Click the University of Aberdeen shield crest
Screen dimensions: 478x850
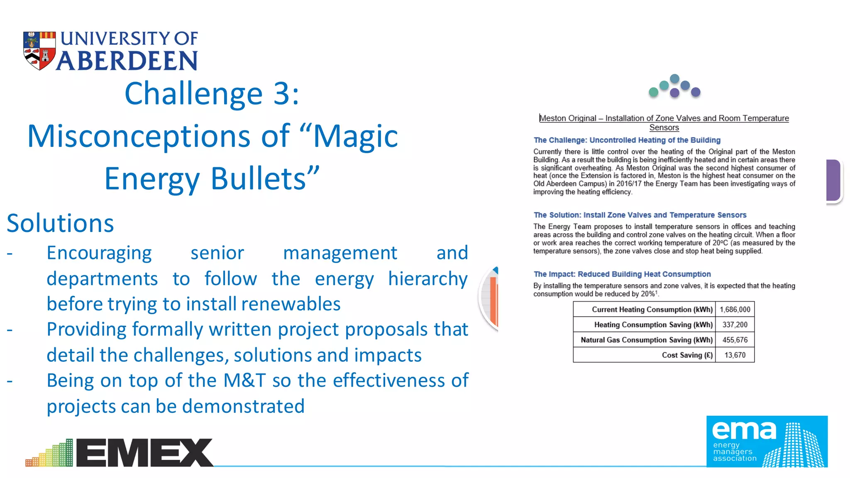tap(39, 51)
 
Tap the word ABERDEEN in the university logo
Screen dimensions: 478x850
tap(127, 61)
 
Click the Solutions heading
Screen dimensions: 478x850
tap(60, 223)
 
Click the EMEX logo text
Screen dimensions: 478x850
tap(144, 453)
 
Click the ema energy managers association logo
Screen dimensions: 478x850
tap(767, 441)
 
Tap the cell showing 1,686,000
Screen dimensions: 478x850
tap(735, 310)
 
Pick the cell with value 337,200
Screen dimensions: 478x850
tap(735, 325)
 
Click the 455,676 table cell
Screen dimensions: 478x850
tap(735, 340)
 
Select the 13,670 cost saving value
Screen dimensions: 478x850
tap(735, 355)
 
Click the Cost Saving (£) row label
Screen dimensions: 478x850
tap(687, 355)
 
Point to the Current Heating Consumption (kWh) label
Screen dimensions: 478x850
tap(652, 310)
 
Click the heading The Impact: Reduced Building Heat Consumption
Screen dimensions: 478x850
tap(622, 274)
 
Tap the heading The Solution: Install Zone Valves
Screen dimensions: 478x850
tap(640, 215)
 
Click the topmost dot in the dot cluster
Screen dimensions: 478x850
tap(675, 78)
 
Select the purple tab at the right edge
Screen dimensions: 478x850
tap(833, 180)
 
